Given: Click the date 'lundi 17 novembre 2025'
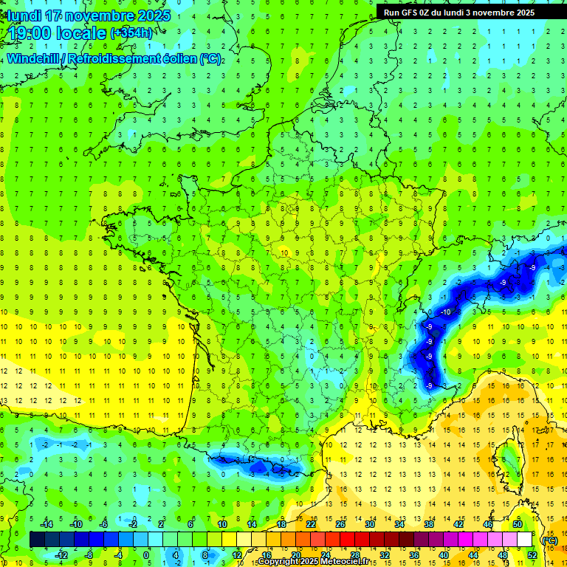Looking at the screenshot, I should [89, 16].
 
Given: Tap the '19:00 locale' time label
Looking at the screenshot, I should [57, 33].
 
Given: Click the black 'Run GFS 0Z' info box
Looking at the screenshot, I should [470, 12].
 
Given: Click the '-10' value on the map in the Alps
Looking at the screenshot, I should [445, 312].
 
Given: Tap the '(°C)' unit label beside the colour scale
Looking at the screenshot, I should [549, 540].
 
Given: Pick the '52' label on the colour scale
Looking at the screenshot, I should [532, 555].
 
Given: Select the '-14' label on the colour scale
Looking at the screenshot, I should [47, 524].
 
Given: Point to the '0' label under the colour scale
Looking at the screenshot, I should [146, 555].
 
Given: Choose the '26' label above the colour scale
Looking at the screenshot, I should [340, 524].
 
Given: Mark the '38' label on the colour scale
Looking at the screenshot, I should [428, 524].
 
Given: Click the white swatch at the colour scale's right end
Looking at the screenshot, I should [525, 540].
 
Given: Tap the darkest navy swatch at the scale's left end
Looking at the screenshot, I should [37, 540].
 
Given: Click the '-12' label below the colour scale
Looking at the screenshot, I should [62, 555].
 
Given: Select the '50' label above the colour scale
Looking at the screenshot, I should [517, 524].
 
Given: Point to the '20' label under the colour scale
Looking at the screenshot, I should [296, 555].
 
